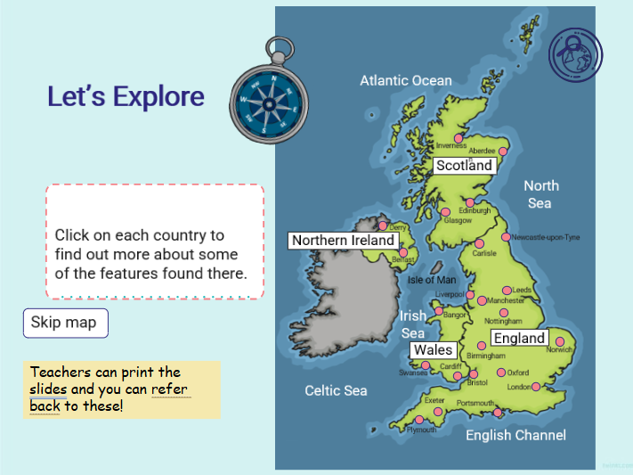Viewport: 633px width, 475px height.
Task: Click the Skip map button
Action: tap(65, 323)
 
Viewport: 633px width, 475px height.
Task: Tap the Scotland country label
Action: tap(464, 165)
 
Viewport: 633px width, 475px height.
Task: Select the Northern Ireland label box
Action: tap(343, 241)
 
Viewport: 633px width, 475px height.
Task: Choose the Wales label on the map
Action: tap(433, 350)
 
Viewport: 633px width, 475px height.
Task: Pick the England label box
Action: tap(519, 339)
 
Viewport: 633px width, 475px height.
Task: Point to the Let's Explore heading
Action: tap(126, 97)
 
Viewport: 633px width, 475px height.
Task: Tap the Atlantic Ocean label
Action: tap(405, 80)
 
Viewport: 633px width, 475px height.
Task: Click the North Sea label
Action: tap(540, 194)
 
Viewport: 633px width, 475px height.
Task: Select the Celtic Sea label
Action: tap(336, 390)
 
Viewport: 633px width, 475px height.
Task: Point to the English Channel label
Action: tap(515, 435)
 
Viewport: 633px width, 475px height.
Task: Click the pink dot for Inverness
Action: tap(459, 138)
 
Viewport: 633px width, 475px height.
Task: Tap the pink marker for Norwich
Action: tap(560, 340)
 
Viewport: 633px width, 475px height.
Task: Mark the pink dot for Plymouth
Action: tap(419, 420)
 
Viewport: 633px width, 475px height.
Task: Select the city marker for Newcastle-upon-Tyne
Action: tap(506, 237)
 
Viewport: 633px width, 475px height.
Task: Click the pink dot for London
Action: tap(536, 387)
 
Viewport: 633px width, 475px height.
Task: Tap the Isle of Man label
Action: tap(432, 280)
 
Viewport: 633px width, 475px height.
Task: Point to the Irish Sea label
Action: tap(412, 323)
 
